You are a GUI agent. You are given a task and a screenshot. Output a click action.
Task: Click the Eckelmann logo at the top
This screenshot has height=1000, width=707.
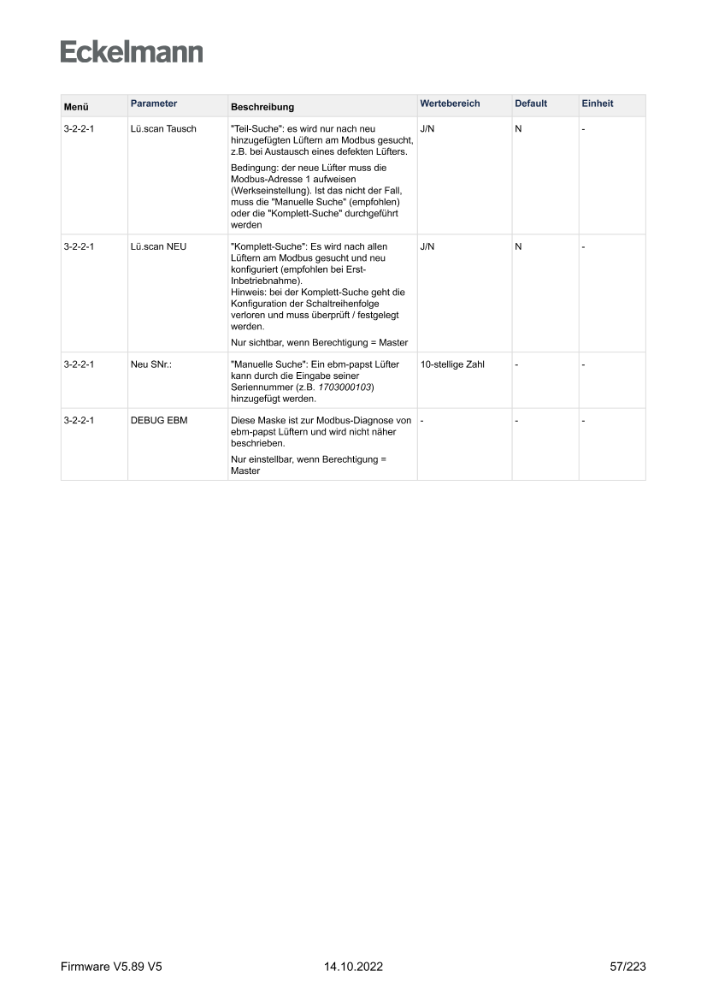coord(132,52)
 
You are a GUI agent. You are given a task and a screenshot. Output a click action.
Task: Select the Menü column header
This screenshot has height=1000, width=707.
coord(76,107)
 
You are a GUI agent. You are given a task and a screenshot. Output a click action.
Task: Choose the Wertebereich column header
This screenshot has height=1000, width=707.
coord(450,104)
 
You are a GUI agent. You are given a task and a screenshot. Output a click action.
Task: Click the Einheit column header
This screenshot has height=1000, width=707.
coord(597,104)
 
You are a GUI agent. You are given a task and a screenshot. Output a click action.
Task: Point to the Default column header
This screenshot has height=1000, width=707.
coord(531,104)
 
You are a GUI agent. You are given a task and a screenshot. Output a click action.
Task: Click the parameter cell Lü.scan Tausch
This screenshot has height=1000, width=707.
coord(163,129)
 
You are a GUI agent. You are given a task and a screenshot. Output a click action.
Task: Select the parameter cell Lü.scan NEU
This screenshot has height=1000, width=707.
coord(158,246)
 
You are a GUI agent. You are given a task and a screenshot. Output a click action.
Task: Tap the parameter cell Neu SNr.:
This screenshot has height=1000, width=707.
coord(151,364)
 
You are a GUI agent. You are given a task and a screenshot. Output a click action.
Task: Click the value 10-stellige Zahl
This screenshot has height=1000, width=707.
coord(452,364)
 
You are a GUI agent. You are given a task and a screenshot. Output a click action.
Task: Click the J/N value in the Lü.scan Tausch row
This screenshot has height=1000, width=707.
coord(427,129)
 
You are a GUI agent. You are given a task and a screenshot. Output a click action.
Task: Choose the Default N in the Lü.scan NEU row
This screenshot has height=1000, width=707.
coord(518,246)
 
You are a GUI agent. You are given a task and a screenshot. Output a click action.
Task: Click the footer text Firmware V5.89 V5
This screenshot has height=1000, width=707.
coord(111,967)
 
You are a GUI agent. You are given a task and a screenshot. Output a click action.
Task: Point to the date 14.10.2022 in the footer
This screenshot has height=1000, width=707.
coord(353,967)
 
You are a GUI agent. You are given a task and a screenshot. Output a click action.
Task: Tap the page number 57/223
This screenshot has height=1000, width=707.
coord(627,967)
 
